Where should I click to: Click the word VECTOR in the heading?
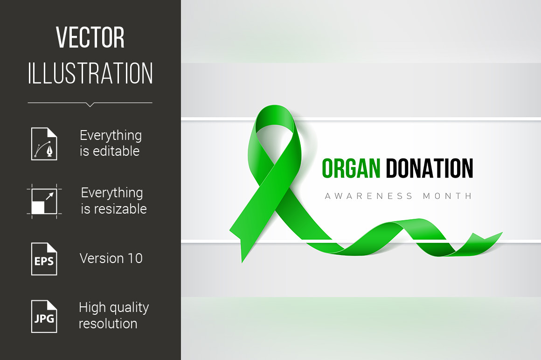90,38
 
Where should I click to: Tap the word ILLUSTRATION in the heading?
90,73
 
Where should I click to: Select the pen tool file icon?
44,144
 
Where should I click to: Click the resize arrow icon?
44,201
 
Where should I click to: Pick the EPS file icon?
44,259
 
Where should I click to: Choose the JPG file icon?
44,316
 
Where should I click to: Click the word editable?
116,151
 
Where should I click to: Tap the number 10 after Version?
135,258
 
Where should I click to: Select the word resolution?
108,324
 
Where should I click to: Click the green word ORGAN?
351,168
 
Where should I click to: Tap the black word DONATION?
429,168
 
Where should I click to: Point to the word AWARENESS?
369,196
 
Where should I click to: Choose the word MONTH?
447,196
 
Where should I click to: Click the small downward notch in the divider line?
90,105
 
